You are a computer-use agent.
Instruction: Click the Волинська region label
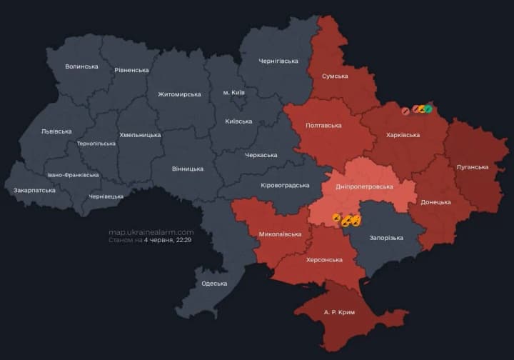(81, 66)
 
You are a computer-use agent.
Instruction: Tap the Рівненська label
(131, 70)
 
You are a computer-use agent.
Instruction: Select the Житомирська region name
(179, 94)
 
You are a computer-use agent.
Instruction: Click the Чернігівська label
(278, 61)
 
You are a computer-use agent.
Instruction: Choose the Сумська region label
(335, 76)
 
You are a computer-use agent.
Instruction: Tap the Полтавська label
(323, 126)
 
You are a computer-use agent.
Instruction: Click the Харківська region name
(403, 134)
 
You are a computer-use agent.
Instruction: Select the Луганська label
(472, 167)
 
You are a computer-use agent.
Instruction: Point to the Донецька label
(435, 202)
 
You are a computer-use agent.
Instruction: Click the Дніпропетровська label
(364, 186)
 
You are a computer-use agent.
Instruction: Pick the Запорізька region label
(386, 238)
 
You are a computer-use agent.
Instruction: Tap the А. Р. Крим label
(339, 313)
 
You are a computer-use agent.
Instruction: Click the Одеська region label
(215, 284)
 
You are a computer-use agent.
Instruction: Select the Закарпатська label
(34, 191)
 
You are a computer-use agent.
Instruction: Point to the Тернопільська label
(96, 144)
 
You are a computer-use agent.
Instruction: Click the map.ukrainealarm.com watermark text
(151, 232)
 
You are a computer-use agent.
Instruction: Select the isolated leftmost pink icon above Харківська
(405, 110)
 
